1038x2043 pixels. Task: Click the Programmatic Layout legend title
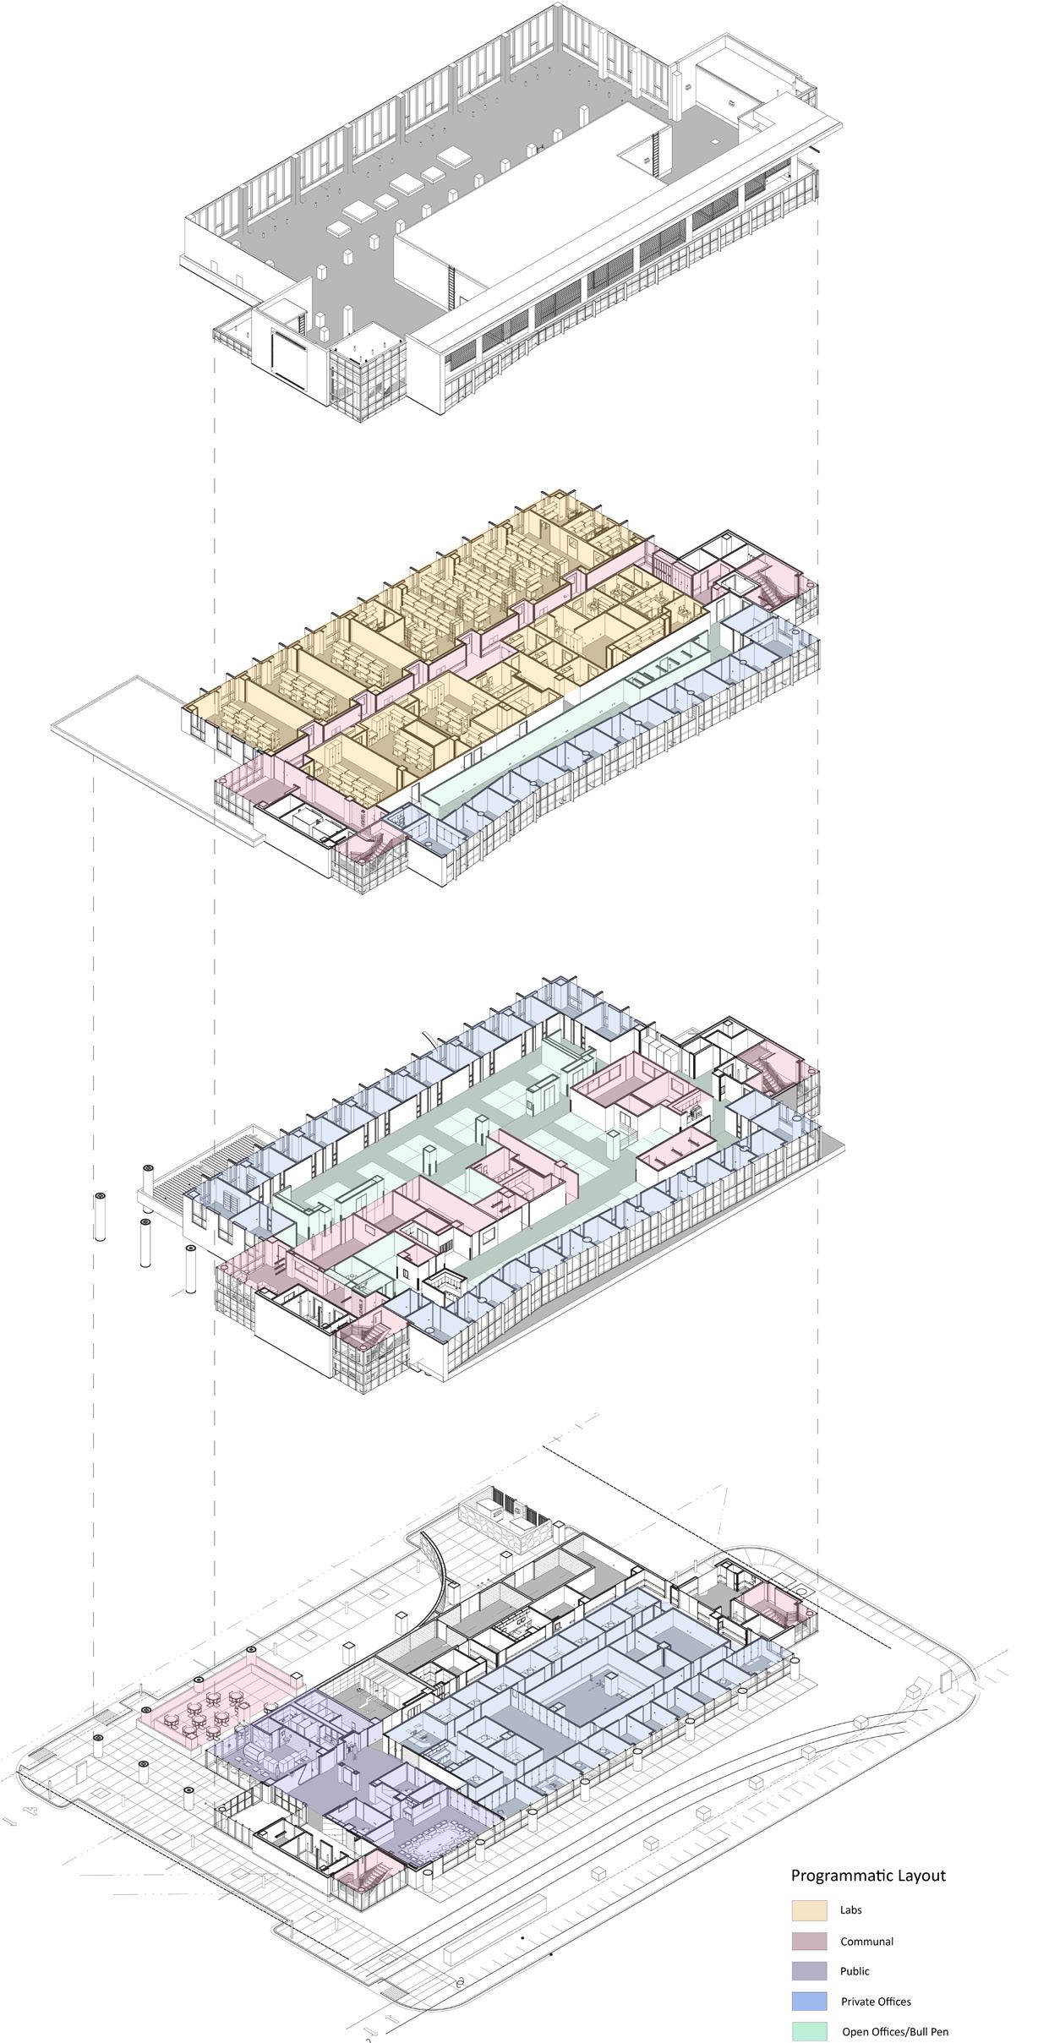(868, 1875)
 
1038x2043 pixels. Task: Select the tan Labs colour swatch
(809, 1910)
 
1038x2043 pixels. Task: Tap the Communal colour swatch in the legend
(809, 1941)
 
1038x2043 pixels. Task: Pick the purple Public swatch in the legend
(809, 1971)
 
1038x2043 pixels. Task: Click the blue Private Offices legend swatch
(809, 2002)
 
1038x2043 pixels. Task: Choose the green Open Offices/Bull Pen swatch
(809, 2031)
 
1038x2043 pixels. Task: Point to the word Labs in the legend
(850, 1910)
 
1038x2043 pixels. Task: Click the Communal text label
(866, 1942)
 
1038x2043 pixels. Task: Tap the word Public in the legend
(855, 1971)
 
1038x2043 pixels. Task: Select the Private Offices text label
(876, 2002)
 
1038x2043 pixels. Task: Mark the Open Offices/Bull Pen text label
(895, 2032)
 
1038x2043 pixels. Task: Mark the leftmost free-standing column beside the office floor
(101, 1215)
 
